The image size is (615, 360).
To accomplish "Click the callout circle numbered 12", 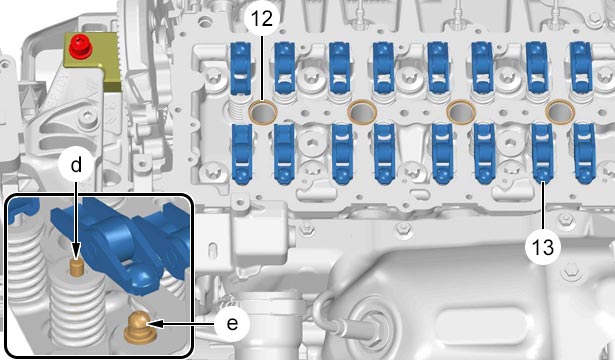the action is (x=262, y=18).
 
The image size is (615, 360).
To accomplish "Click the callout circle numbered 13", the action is (x=543, y=247).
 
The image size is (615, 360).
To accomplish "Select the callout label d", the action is (x=76, y=165).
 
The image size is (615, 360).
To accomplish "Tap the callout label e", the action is (x=232, y=324).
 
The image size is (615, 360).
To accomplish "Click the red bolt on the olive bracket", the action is (x=80, y=45).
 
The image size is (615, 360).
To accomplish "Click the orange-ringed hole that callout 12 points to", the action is (x=263, y=112).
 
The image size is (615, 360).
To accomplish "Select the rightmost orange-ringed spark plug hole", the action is (x=561, y=112).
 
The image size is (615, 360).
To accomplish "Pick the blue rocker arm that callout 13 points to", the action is (x=542, y=153).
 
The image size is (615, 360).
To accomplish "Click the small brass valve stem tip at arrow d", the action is (x=76, y=267).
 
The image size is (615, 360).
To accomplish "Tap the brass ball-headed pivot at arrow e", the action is (x=138, y=328).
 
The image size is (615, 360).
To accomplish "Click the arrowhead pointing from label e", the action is (x=154, y=324).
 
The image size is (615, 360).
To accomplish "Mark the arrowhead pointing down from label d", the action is (x=76, y=250).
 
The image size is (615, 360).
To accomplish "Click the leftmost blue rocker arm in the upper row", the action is (x=240, y=69).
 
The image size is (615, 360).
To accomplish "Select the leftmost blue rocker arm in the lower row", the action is (x=242, y=153).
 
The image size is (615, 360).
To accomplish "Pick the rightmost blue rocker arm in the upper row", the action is (x=581, y=67).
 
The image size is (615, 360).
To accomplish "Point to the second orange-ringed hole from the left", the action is (x=362, y=112).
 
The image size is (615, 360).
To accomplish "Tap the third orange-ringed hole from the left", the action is (x=461, y=112).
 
